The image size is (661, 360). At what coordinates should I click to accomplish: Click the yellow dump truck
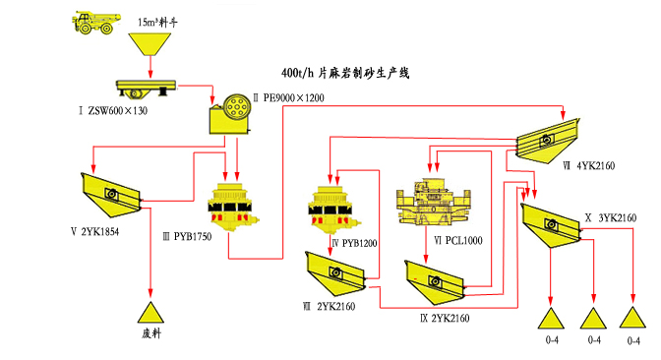[96, 23]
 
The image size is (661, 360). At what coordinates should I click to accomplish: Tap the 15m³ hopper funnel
[150, 44]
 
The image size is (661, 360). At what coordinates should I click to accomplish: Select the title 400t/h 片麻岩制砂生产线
[345, 73]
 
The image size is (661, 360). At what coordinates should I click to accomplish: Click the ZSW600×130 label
[113, 111]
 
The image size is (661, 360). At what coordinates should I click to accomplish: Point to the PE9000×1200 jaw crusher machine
[230, 114]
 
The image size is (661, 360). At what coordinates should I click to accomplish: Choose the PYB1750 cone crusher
[233, 207]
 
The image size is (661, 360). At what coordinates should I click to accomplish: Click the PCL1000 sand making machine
[433, 202]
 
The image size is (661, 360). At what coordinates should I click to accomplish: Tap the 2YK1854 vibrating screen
[111, 195]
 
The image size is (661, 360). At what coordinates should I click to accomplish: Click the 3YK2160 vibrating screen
[551, 226]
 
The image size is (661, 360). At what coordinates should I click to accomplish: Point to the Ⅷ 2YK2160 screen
[335, 273]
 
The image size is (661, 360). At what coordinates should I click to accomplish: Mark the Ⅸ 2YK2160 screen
[435, 282]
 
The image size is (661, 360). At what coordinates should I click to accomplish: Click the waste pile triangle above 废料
[150, 312]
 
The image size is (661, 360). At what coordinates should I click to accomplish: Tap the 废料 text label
[151, 333]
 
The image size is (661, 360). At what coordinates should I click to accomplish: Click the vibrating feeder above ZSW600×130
[146, 89]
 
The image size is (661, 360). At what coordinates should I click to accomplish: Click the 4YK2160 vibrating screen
[548, 140]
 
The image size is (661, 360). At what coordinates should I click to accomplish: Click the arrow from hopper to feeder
[150, 68]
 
